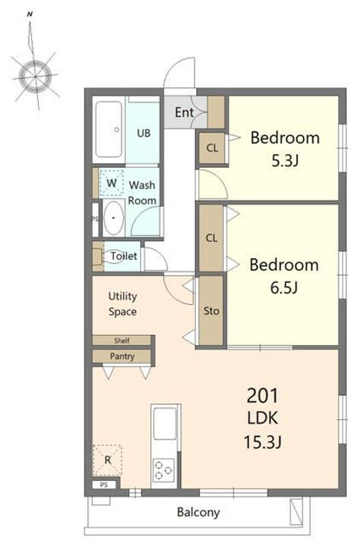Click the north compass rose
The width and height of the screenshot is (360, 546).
click(35, 75)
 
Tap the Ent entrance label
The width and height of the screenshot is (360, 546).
click(184, 112)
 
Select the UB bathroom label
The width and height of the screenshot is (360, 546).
click(143, 133)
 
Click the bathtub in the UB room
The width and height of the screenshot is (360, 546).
click(109, 130)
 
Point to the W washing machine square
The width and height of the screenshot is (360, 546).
click(111, 184)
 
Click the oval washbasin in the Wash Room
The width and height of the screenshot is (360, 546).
click(114, 218)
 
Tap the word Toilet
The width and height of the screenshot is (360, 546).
click(124, 256)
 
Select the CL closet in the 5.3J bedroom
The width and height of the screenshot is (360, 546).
click(212, 148)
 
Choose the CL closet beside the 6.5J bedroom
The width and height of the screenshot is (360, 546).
click(211, 238)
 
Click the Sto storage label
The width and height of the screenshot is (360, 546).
click(211, 311)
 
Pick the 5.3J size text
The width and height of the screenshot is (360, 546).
click(285, 161)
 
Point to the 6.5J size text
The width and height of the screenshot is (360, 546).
click(284, 288)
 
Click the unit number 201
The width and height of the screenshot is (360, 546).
click(262, 396)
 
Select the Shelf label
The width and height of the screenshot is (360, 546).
click(122, 340)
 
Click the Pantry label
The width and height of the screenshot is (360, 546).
click(122, 356)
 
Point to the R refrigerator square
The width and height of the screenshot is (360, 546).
click(108, 460)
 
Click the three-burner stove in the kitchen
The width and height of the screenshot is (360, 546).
click(164, 470)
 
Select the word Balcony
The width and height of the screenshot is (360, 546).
click(199, 512)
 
